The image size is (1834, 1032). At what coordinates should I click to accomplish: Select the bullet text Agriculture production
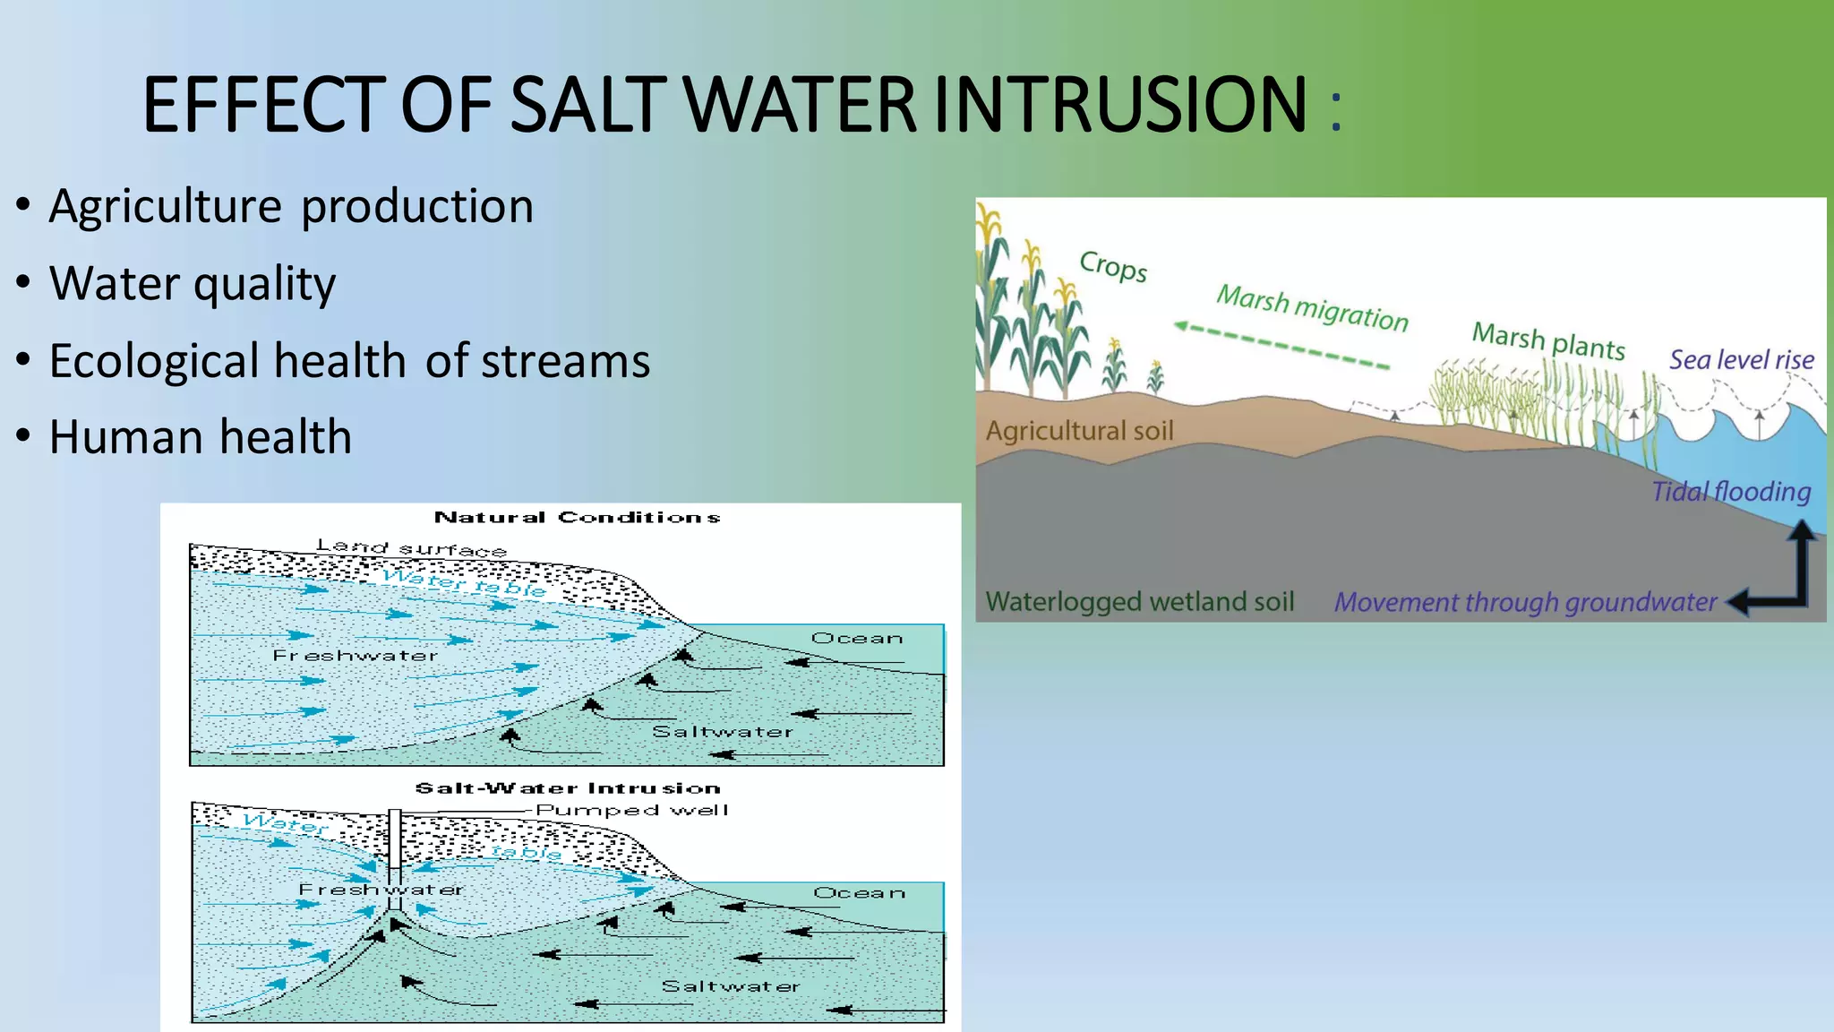(x=291, y=207)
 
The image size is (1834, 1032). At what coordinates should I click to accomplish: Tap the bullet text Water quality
(x=193, y=284)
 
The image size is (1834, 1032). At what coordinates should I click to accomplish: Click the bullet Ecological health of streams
(x=349, y=361)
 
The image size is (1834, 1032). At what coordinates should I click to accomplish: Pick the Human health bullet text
(x=200, y=437)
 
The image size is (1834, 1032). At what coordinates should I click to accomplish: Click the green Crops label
(x=1113, y=266)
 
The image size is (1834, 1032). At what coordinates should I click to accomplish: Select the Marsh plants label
(x=1548, y=340)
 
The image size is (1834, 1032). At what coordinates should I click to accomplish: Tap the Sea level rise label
(x=1741, y=360)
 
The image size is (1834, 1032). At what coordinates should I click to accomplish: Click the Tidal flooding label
(x=1730, y=492)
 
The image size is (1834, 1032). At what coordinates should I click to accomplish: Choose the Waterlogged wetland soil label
(x=1139, y=601)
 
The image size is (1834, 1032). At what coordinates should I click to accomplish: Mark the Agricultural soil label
(x=1079, y=431)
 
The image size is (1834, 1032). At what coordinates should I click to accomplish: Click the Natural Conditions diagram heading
(x=577, y=517)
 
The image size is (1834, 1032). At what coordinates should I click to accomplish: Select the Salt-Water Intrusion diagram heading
(x=568, y=788)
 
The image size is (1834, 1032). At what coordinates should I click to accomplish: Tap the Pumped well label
(x=631, y=810)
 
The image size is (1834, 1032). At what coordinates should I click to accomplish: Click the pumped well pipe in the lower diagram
(x=394, y=851)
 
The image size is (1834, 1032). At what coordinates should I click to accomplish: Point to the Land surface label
(x=411, y=546)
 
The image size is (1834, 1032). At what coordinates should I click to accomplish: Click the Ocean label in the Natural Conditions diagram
(x=856, y=638)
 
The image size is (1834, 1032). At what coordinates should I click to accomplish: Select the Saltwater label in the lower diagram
(x=730, y=986)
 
